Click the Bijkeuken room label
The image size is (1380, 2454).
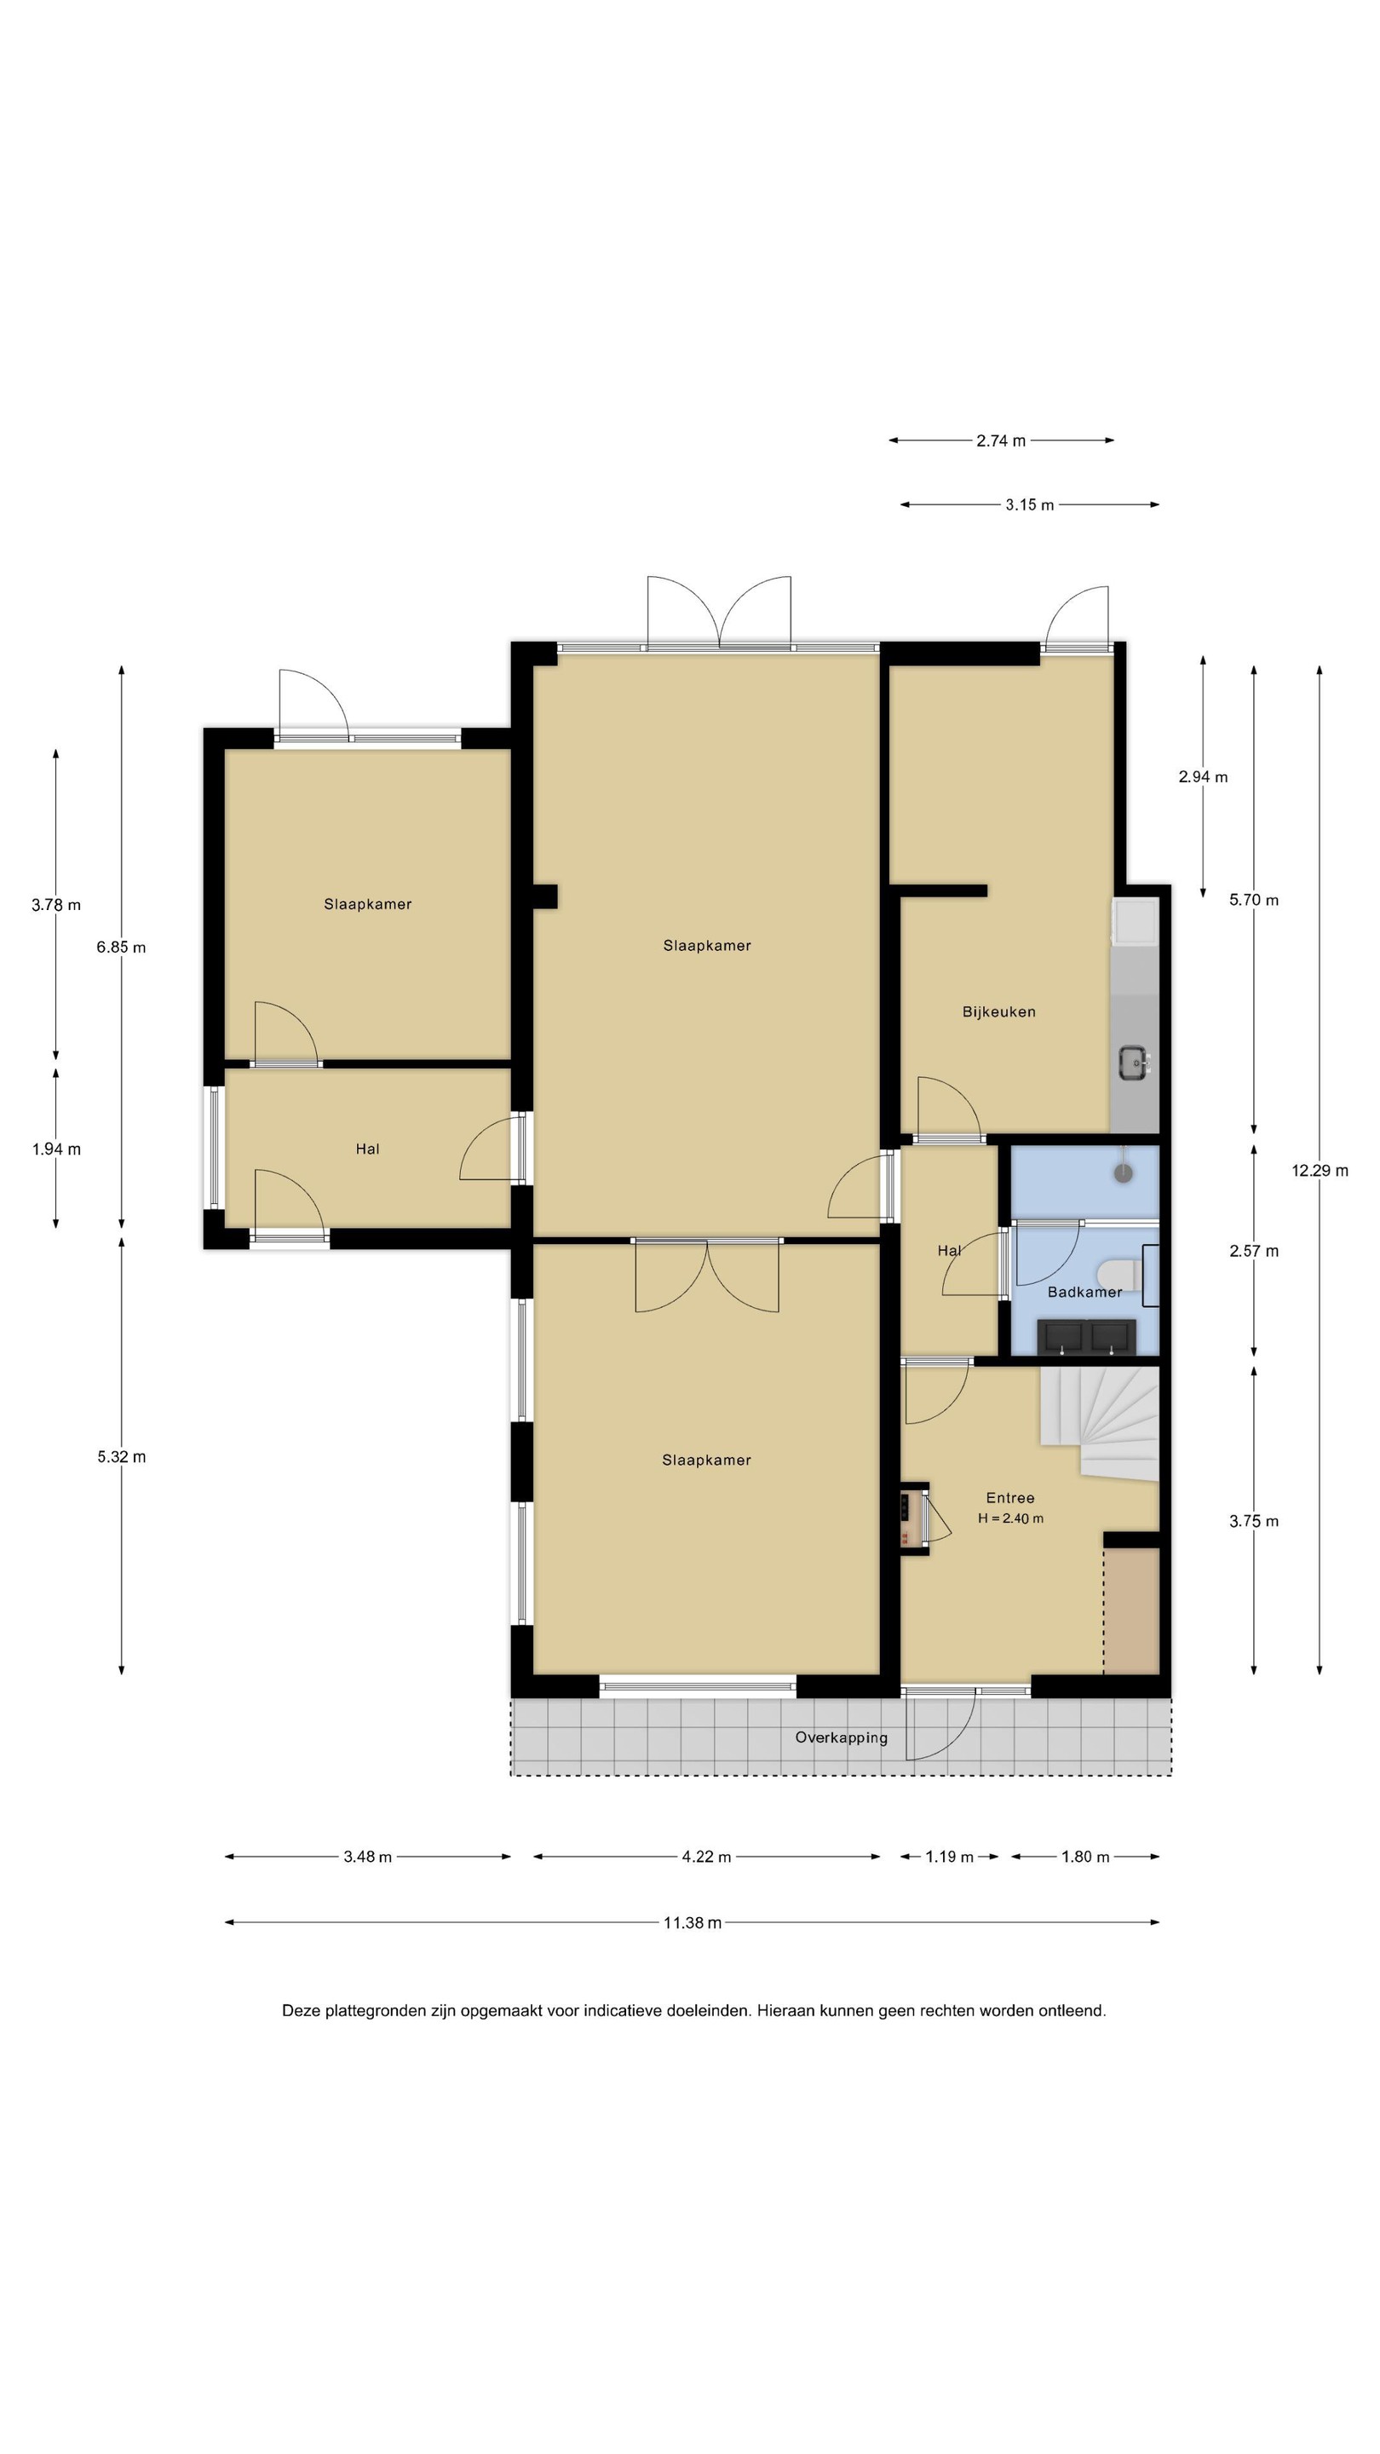point(998,1011)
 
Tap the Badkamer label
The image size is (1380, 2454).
point(1084,1292)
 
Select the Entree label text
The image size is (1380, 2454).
point(1009,1498)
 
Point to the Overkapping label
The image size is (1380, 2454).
point(841,1737)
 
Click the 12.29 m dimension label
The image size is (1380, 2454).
point(1319,1171)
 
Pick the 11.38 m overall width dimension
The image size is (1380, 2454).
point(693,1922)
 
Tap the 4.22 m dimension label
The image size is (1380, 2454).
point(705,1857)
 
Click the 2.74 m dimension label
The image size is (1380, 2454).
point(1001,441)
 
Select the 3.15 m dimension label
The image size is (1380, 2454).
point(1030,505)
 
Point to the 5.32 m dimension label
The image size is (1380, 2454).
point(122,1456)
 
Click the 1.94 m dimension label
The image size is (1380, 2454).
point(56,1149)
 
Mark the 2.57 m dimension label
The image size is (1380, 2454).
point(1253,1251)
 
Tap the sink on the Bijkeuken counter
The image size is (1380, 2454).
point(1133,1063)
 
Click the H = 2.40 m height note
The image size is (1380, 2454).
point(1009,1518)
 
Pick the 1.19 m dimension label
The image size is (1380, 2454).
point(950,1857)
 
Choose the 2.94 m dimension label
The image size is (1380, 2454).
point(1203,776)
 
